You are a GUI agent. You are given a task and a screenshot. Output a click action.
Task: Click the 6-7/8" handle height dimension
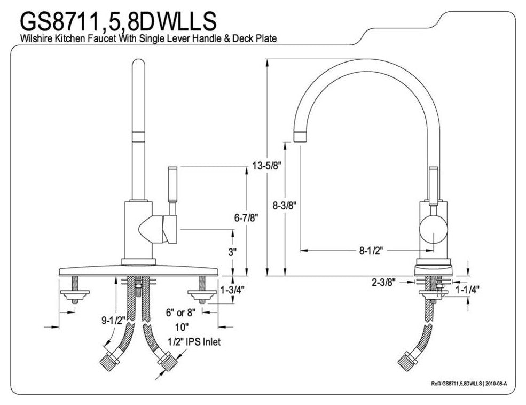click(246, 218)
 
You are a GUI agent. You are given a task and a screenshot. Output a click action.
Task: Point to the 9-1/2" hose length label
click(113, 321)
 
